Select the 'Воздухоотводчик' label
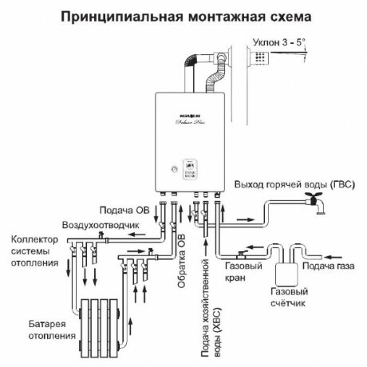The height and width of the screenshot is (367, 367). pos(104,225)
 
